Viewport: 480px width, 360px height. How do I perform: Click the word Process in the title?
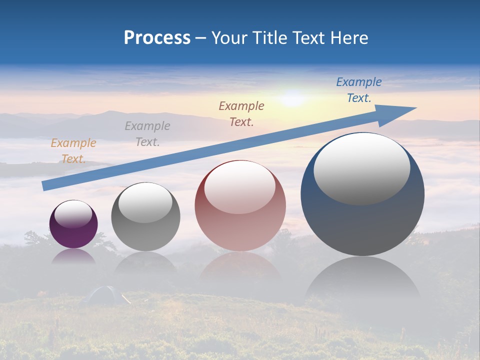[x=157, y=38]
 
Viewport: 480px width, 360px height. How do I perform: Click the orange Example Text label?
[x=73, y=151]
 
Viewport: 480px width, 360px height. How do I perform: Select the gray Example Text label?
[x=147, y=134]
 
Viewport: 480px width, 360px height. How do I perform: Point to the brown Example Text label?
[x=241, y=114]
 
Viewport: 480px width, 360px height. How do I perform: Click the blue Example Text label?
[x=358, y=90]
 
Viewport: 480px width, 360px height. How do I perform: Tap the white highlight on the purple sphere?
[x=73, y=214]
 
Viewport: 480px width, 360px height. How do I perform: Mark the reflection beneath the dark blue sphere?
[x=362, y=280]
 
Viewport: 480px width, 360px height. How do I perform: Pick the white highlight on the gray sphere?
[x=145, y=203]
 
